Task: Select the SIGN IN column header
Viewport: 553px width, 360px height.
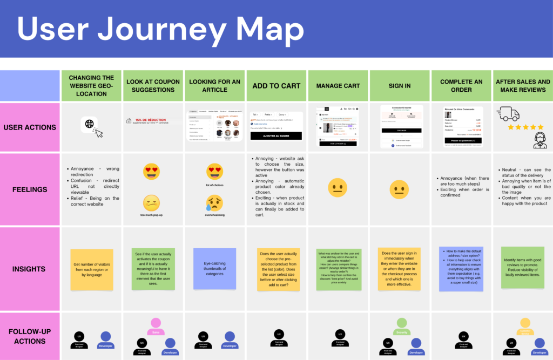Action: coord(399,85)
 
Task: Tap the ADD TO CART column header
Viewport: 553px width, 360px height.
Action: coord(276,85)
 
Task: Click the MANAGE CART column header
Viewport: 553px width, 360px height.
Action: coord(338,85)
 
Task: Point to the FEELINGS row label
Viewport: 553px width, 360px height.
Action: coord(30,189)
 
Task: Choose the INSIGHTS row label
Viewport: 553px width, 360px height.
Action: coord(30,269)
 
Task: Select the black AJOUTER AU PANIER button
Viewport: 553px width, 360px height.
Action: coord(276,136)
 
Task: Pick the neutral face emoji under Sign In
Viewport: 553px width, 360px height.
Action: coord(399,189)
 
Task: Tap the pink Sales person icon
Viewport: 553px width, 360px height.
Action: coord(156,325)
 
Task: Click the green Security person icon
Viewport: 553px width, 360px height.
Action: coord(401,325)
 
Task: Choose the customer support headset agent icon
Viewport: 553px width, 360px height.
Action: coord(539,140)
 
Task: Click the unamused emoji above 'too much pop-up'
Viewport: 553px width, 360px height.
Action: coord(151,202)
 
